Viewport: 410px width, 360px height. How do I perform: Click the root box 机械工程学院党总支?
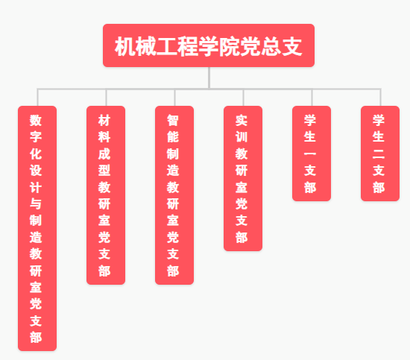tap(209, 45)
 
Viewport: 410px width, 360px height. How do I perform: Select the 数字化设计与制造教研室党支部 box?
tap(37, 228)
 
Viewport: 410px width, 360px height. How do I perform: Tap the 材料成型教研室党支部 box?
tap(106, 195)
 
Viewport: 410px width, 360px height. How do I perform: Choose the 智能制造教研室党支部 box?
tap(174, 195)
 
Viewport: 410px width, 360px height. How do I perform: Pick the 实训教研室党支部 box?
tap(243, 178)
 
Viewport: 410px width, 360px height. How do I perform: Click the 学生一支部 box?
tap(312, 154)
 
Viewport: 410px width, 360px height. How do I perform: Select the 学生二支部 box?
tap(380, 154)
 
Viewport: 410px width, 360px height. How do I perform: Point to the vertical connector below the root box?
tap(209, 78)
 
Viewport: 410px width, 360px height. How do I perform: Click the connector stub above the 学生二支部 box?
tap(380, 97)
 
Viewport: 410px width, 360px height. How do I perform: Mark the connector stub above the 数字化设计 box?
tap(38, 97)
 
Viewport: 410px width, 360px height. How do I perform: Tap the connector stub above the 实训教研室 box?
tap(243, 97)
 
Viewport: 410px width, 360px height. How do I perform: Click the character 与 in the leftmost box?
tap(36, 203)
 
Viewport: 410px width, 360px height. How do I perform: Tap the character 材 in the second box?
tap(104, 120)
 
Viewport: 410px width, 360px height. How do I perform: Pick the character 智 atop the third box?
tap(173, 120)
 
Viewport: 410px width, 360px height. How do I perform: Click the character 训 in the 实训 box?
tap(242, 136)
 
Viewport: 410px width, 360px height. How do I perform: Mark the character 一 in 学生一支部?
tap(310, 154)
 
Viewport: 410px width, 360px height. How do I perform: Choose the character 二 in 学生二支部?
tap(379, 154)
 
